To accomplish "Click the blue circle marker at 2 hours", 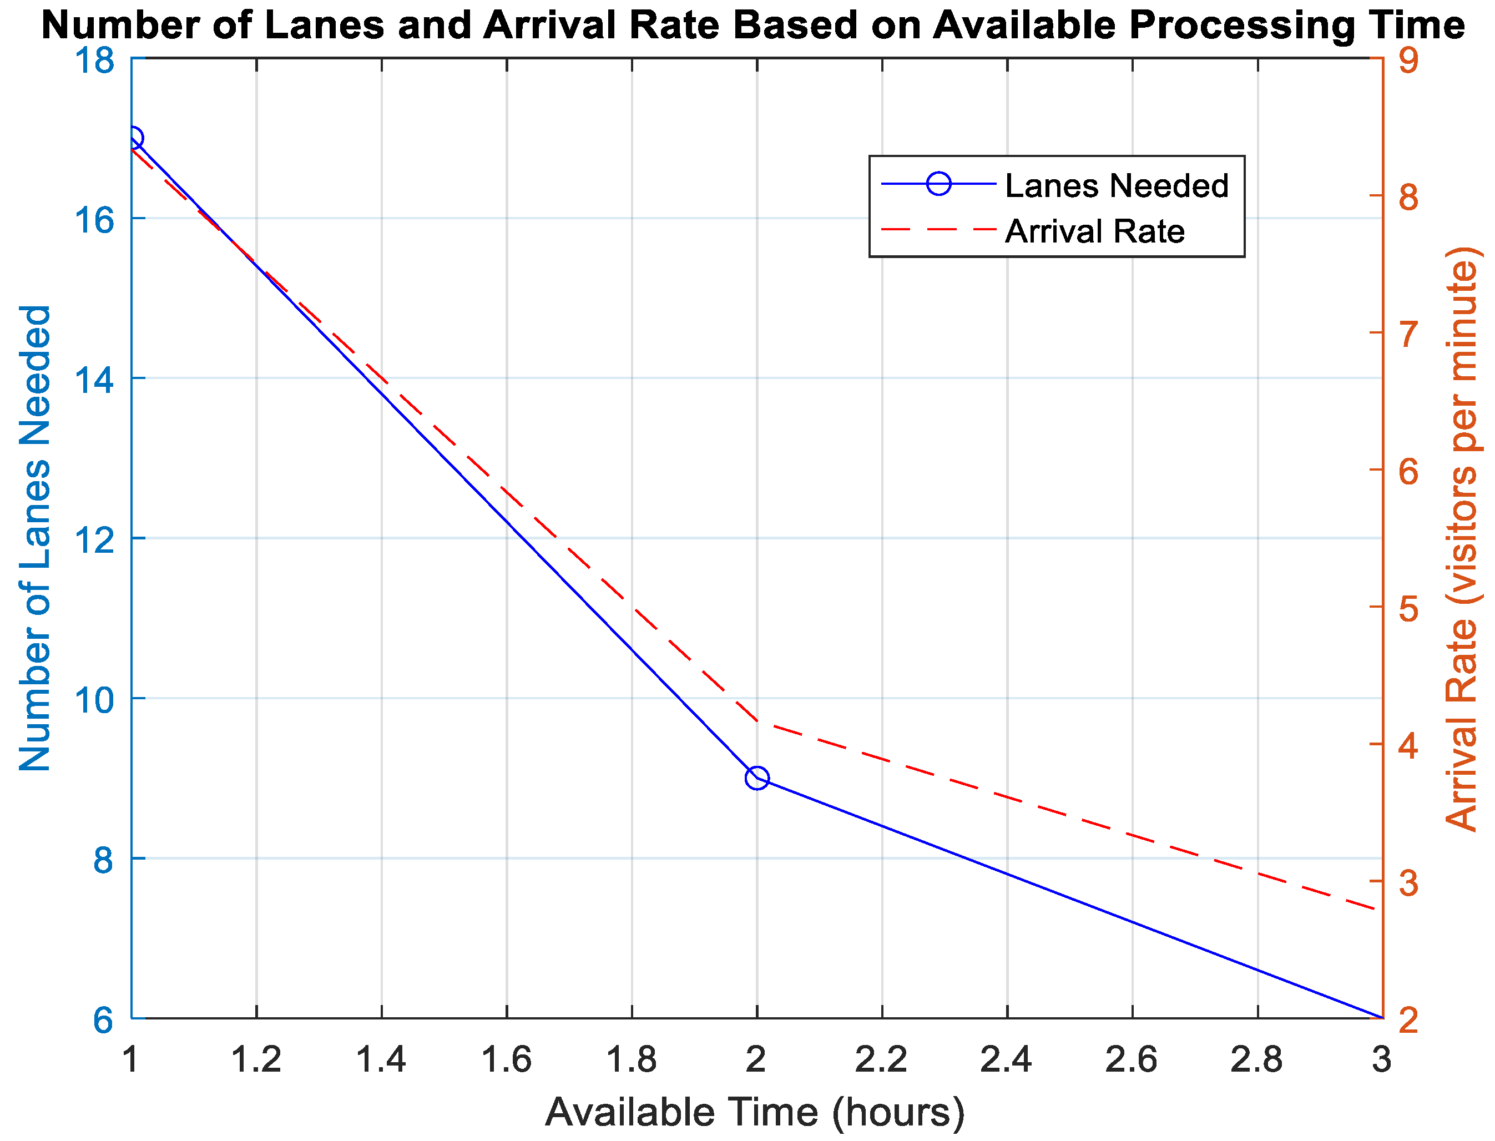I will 757,778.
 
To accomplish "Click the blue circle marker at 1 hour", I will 133,138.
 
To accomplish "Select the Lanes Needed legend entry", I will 1115,185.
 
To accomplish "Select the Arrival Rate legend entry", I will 1094,231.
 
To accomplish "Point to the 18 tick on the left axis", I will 94,60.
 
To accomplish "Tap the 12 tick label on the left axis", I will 94,538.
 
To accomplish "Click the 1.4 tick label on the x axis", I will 381,1059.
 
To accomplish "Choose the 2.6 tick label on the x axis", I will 1131,1059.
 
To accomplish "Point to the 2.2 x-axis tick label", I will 881,1059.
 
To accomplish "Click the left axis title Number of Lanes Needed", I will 36,538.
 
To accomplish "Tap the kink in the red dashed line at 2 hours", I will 757,721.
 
